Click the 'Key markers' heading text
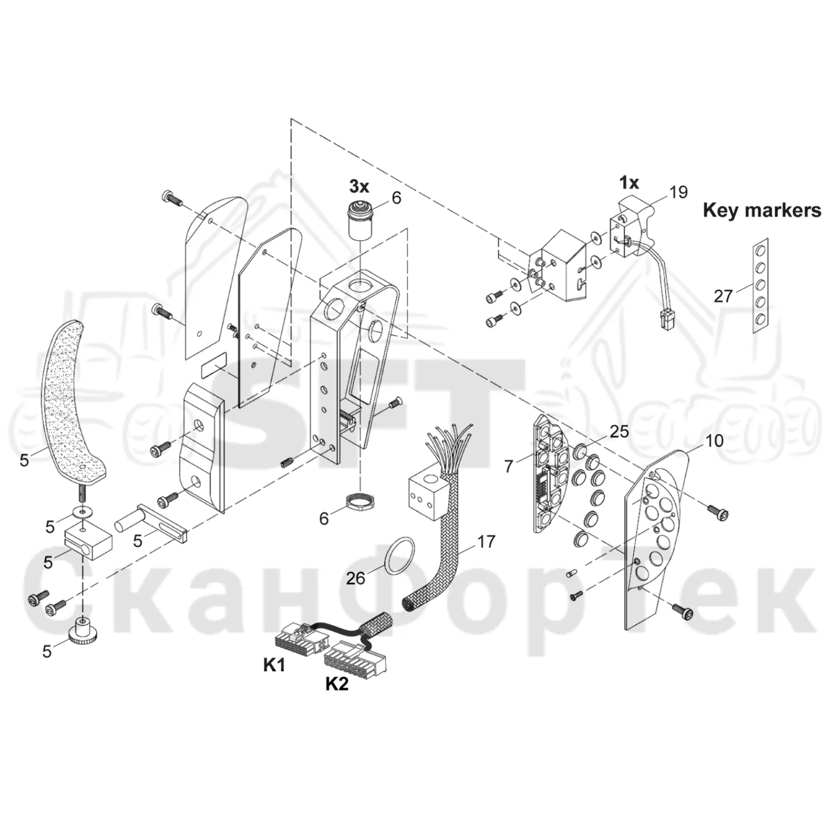pyautogui.click(x=762, y=210)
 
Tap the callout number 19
pyautogui.click(x=679, y=192)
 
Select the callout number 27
pyautogui.click(x=723, y=296)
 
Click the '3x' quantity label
pyautogui.click(x=359, y=187)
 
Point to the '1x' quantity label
pyautogui.click(x=629, y=183)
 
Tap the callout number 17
pyautogui.click(x=486, y=541)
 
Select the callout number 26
pyautogui.click(x=356, y=579)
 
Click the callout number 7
pyautogui.click(x=509, y=466)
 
